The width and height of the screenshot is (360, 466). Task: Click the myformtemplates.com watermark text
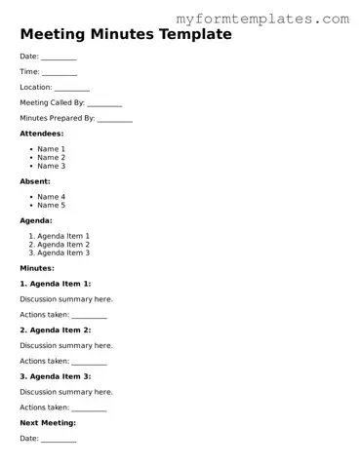tap(262, 19)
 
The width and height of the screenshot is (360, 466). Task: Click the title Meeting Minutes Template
tap(126, 35)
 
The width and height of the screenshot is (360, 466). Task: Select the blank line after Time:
tap(60, 73)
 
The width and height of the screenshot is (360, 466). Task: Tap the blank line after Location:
tap(72, 88)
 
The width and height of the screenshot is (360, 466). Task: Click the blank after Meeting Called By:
tap(104, 103)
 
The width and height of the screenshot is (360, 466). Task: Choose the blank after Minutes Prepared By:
tap(115, 119)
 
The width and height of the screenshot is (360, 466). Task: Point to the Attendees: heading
tap(42, 134)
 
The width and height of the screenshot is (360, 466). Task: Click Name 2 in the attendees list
tap(51, 157)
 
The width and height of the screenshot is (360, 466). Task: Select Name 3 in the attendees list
tap(51, 166)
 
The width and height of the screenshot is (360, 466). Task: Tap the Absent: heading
tap(35, 181)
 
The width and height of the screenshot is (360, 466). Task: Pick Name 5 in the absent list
tap(51, 205)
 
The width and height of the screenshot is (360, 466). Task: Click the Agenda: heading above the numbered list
tap(36, 220)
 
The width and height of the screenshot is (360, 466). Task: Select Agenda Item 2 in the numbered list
tap(63, 244)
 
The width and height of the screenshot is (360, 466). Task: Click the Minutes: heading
tap(37, 268)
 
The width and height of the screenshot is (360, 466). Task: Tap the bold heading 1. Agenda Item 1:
tap(56, 284)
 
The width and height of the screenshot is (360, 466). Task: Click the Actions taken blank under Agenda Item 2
tap(89, 362)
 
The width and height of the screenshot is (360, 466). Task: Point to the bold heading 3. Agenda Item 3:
tap(56, 376)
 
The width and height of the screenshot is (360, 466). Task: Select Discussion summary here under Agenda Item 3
tap(66, 392)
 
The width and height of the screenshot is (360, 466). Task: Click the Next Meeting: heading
tap(48, 423)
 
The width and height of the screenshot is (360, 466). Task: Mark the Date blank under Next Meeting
tap(59, 440)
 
